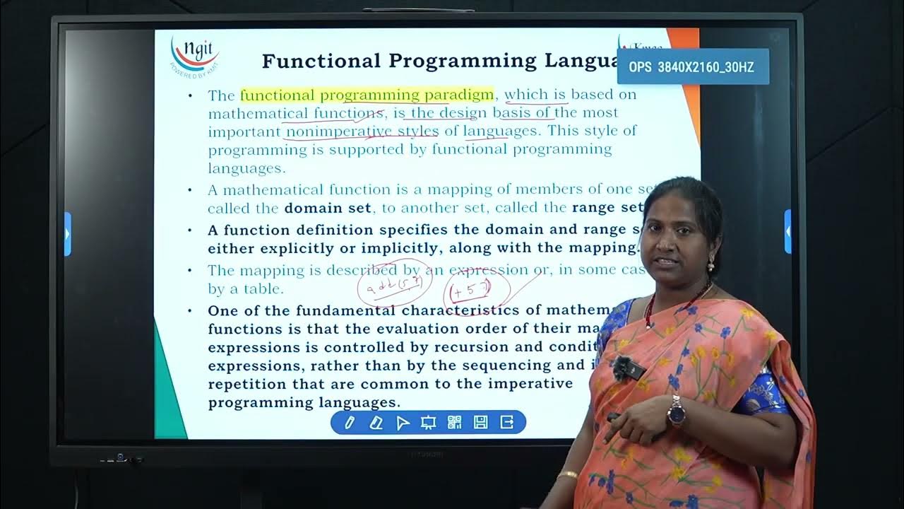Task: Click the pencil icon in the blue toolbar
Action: tap(350, 423)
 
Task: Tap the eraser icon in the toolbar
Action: tap(376, 423)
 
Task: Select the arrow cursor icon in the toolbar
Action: tap(403, 423)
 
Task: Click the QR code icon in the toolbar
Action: tap(454, 423)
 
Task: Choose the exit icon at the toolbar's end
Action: tap(507, 423)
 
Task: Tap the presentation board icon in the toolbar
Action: tap(428, 423)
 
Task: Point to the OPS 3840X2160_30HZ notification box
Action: tap(692, 67)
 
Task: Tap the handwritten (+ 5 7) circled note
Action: tap(468, 290)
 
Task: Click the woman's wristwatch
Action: tap(676, 411)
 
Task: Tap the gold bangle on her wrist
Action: tap(566, 475)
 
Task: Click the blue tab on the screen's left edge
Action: tap(68, 233)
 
